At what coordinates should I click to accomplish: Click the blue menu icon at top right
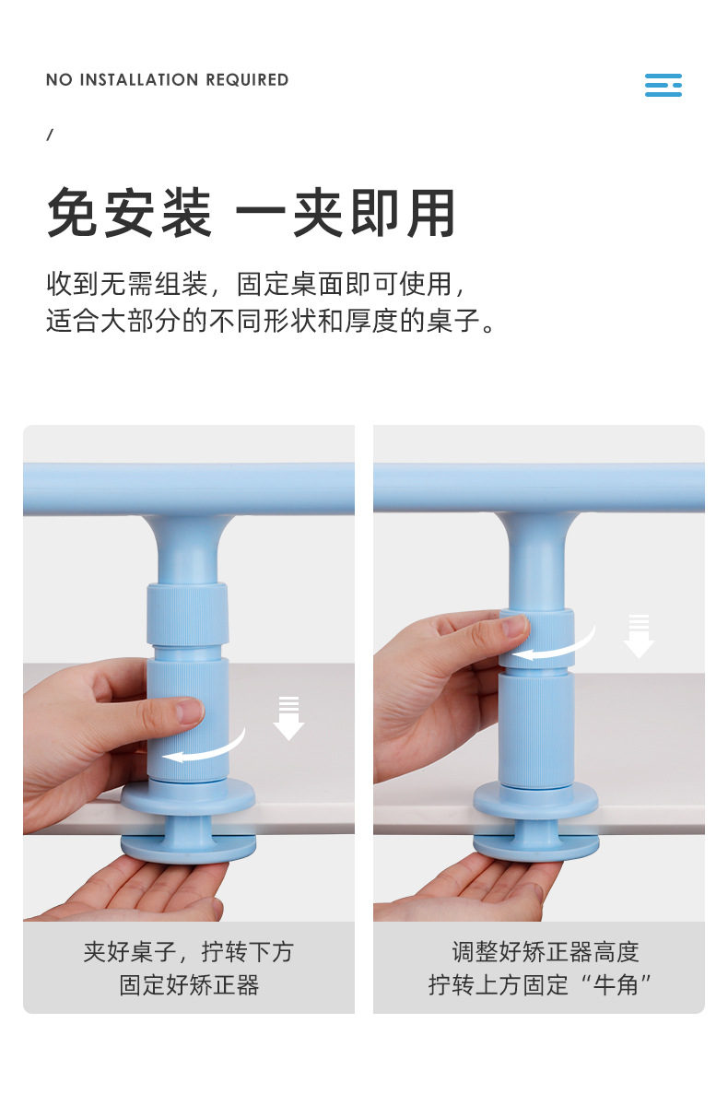pos(663,85)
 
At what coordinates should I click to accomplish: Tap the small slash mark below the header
pos(50,135)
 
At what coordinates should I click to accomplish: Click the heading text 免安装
pos(129,214)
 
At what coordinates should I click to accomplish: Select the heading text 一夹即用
pos(346,214)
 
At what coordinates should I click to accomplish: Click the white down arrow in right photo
pos(639,637)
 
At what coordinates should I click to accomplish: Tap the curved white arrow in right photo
pos(553,645)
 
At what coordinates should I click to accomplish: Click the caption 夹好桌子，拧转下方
pos(188,952)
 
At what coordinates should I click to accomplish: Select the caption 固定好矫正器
pos(188,984)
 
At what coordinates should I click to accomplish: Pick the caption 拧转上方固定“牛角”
pos(540,984)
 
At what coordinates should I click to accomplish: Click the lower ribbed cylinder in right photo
pos(536,728)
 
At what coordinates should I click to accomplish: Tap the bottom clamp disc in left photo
pos(189,846)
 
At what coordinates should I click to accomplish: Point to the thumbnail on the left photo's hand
pos(188,711)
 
